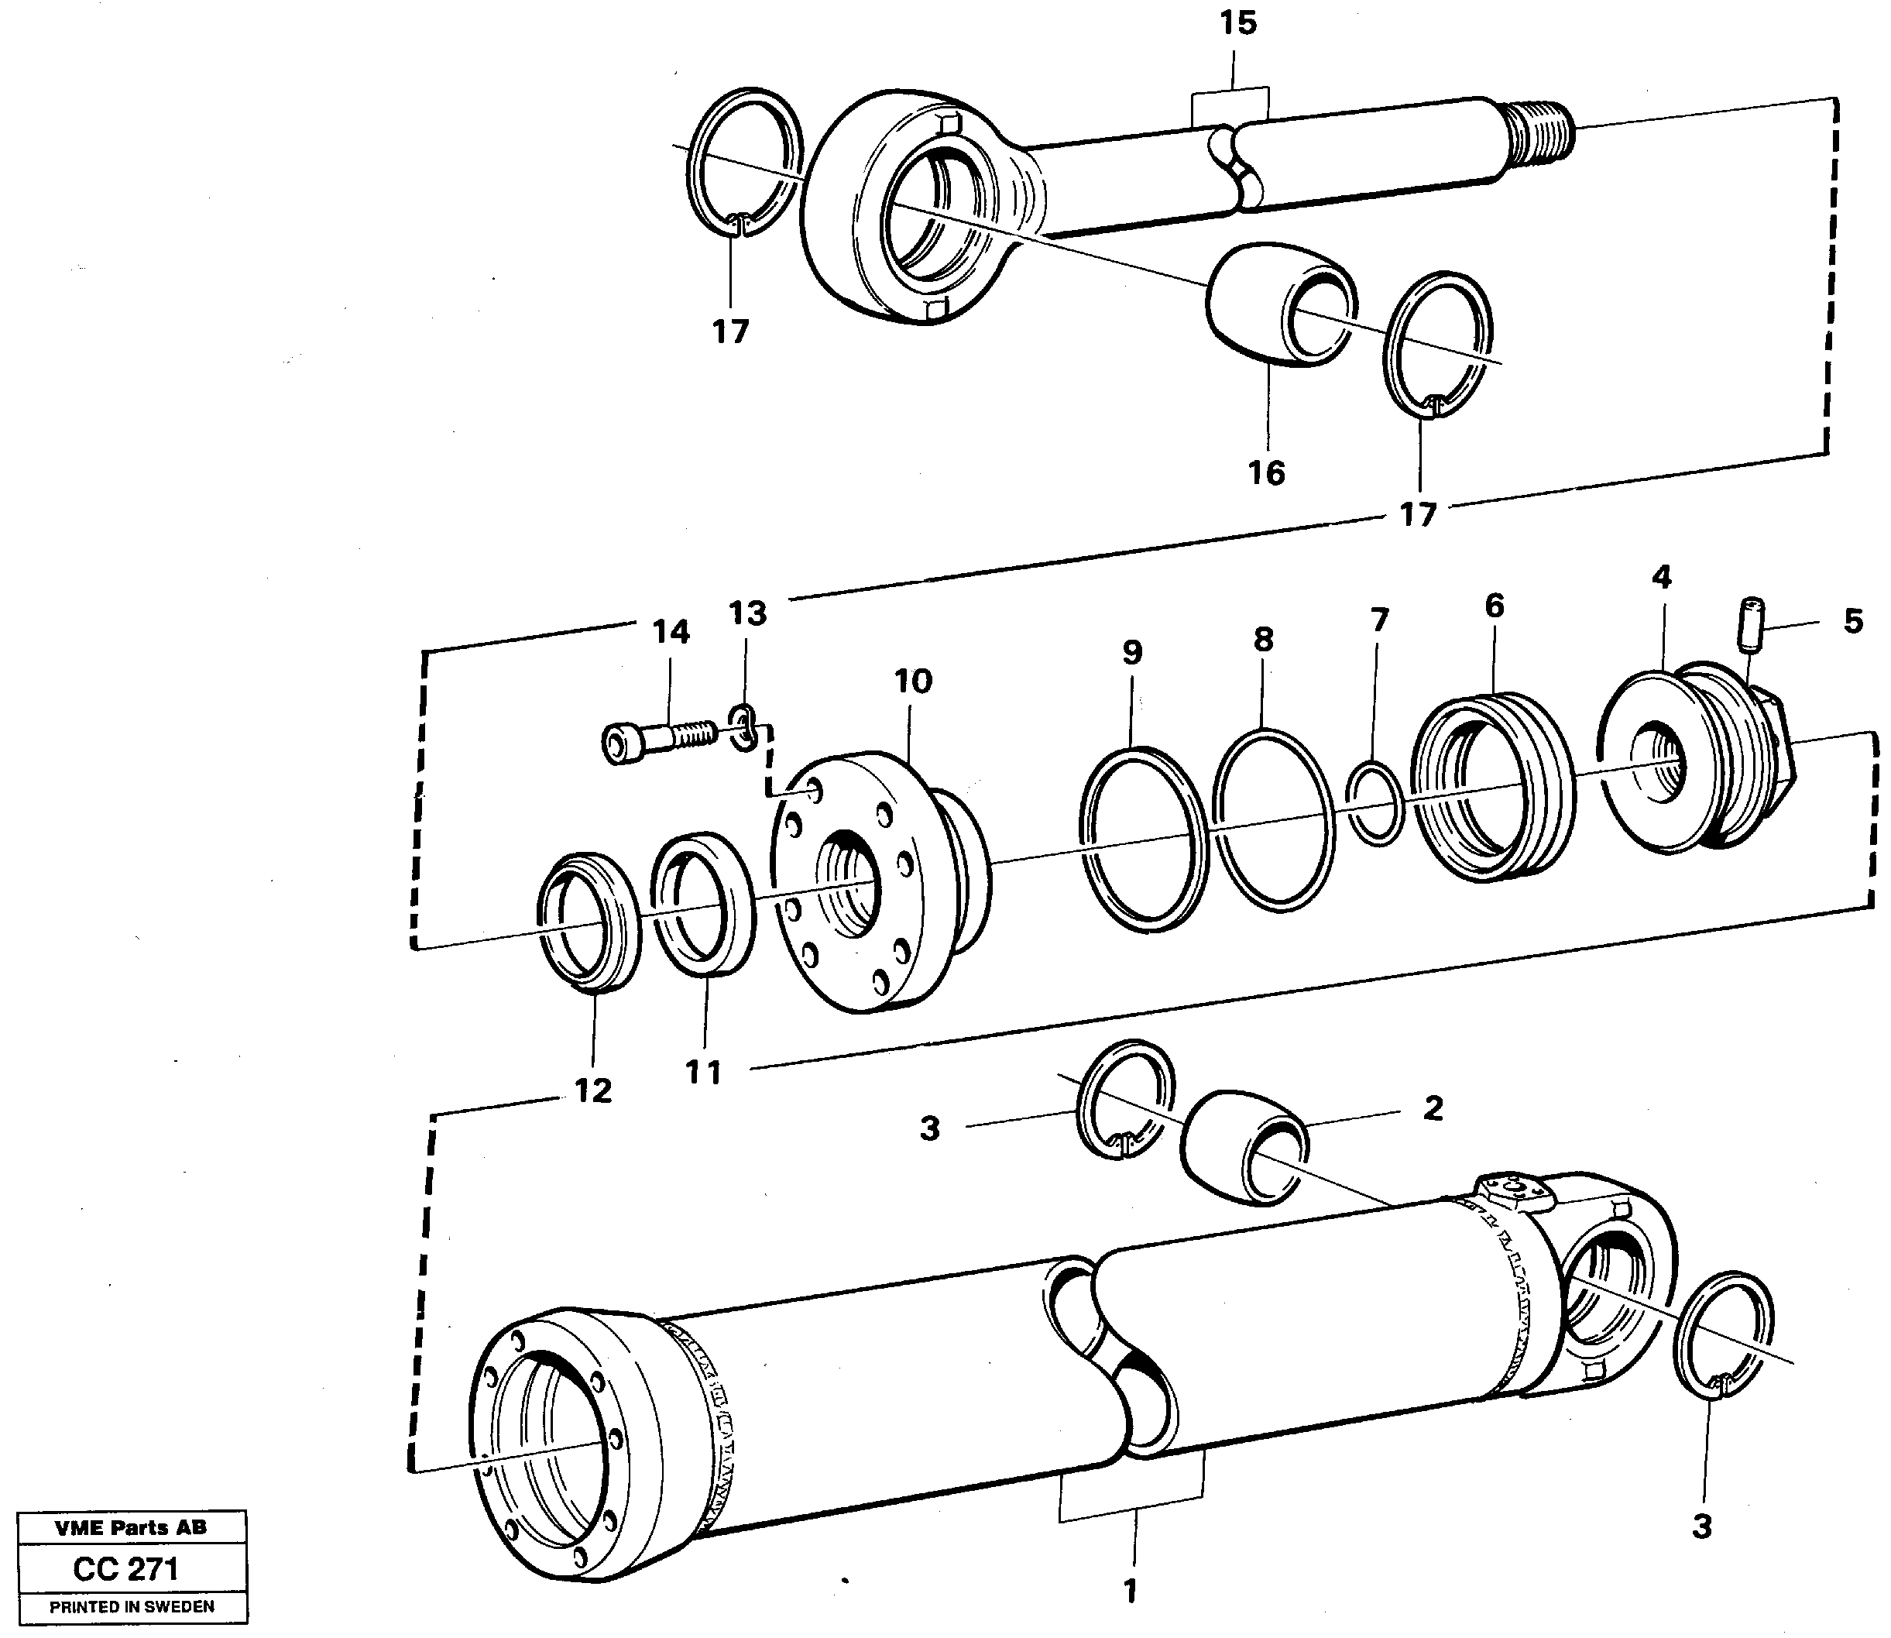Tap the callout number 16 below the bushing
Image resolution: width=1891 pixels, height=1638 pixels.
(x=1266, y=472)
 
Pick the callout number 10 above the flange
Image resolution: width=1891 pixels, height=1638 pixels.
(x=912, y=681)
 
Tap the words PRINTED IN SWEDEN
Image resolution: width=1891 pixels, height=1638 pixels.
(x=132, y=1606)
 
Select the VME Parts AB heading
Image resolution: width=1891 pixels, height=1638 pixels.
(x=131, y=1527)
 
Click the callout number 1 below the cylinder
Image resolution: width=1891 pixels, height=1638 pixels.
(x=1131, y=1591)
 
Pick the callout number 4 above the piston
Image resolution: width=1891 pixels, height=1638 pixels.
(x=1661, y=577)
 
